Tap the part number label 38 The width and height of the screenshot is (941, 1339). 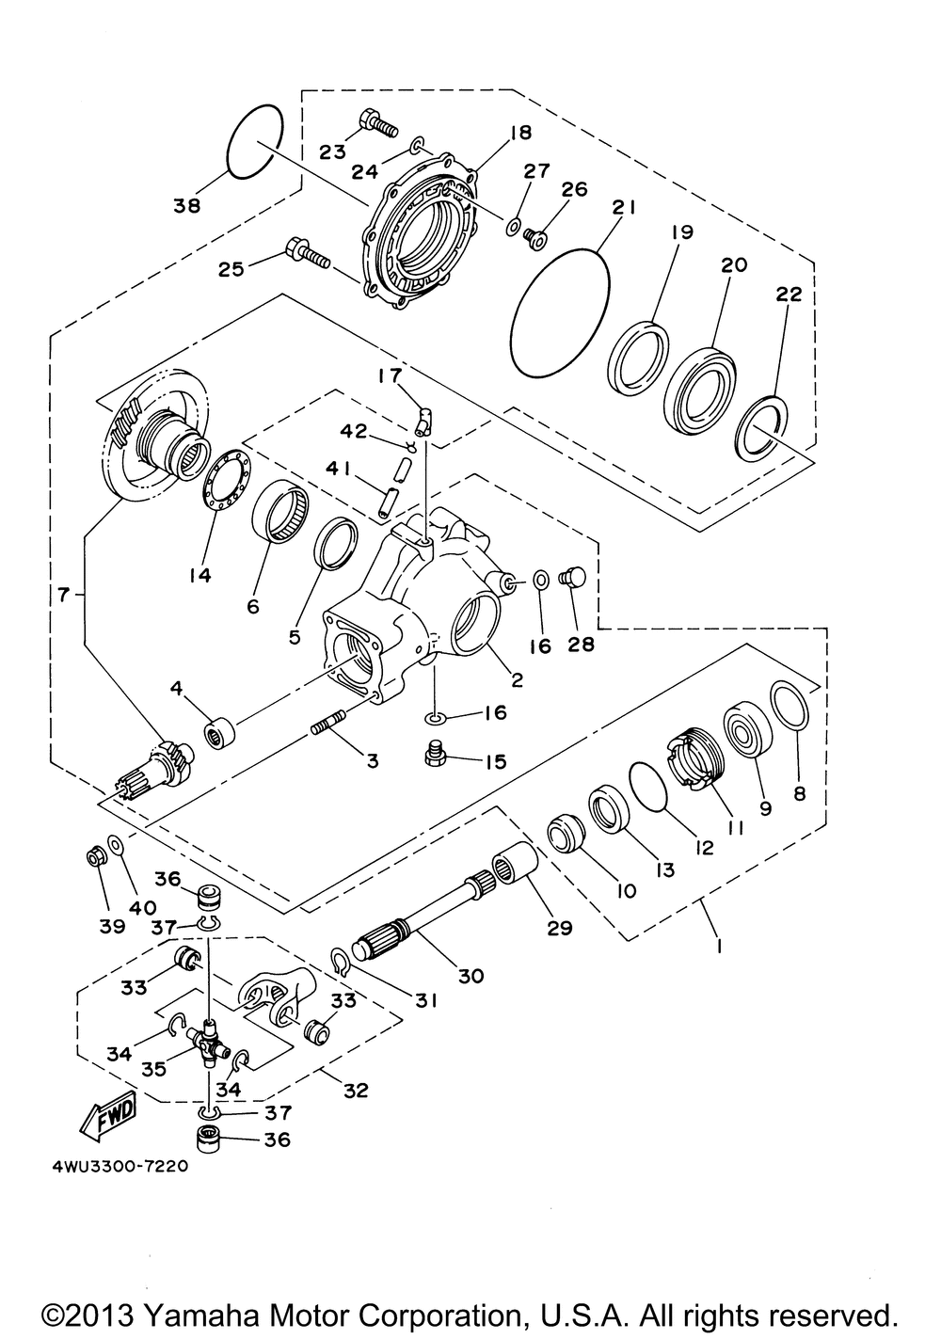(x=187, y=205)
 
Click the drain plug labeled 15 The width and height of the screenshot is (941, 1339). (x=436, y=753)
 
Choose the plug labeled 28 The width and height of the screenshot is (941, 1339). (x=571, y=575)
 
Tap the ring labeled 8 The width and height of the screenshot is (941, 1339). (x=788, y=706)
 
